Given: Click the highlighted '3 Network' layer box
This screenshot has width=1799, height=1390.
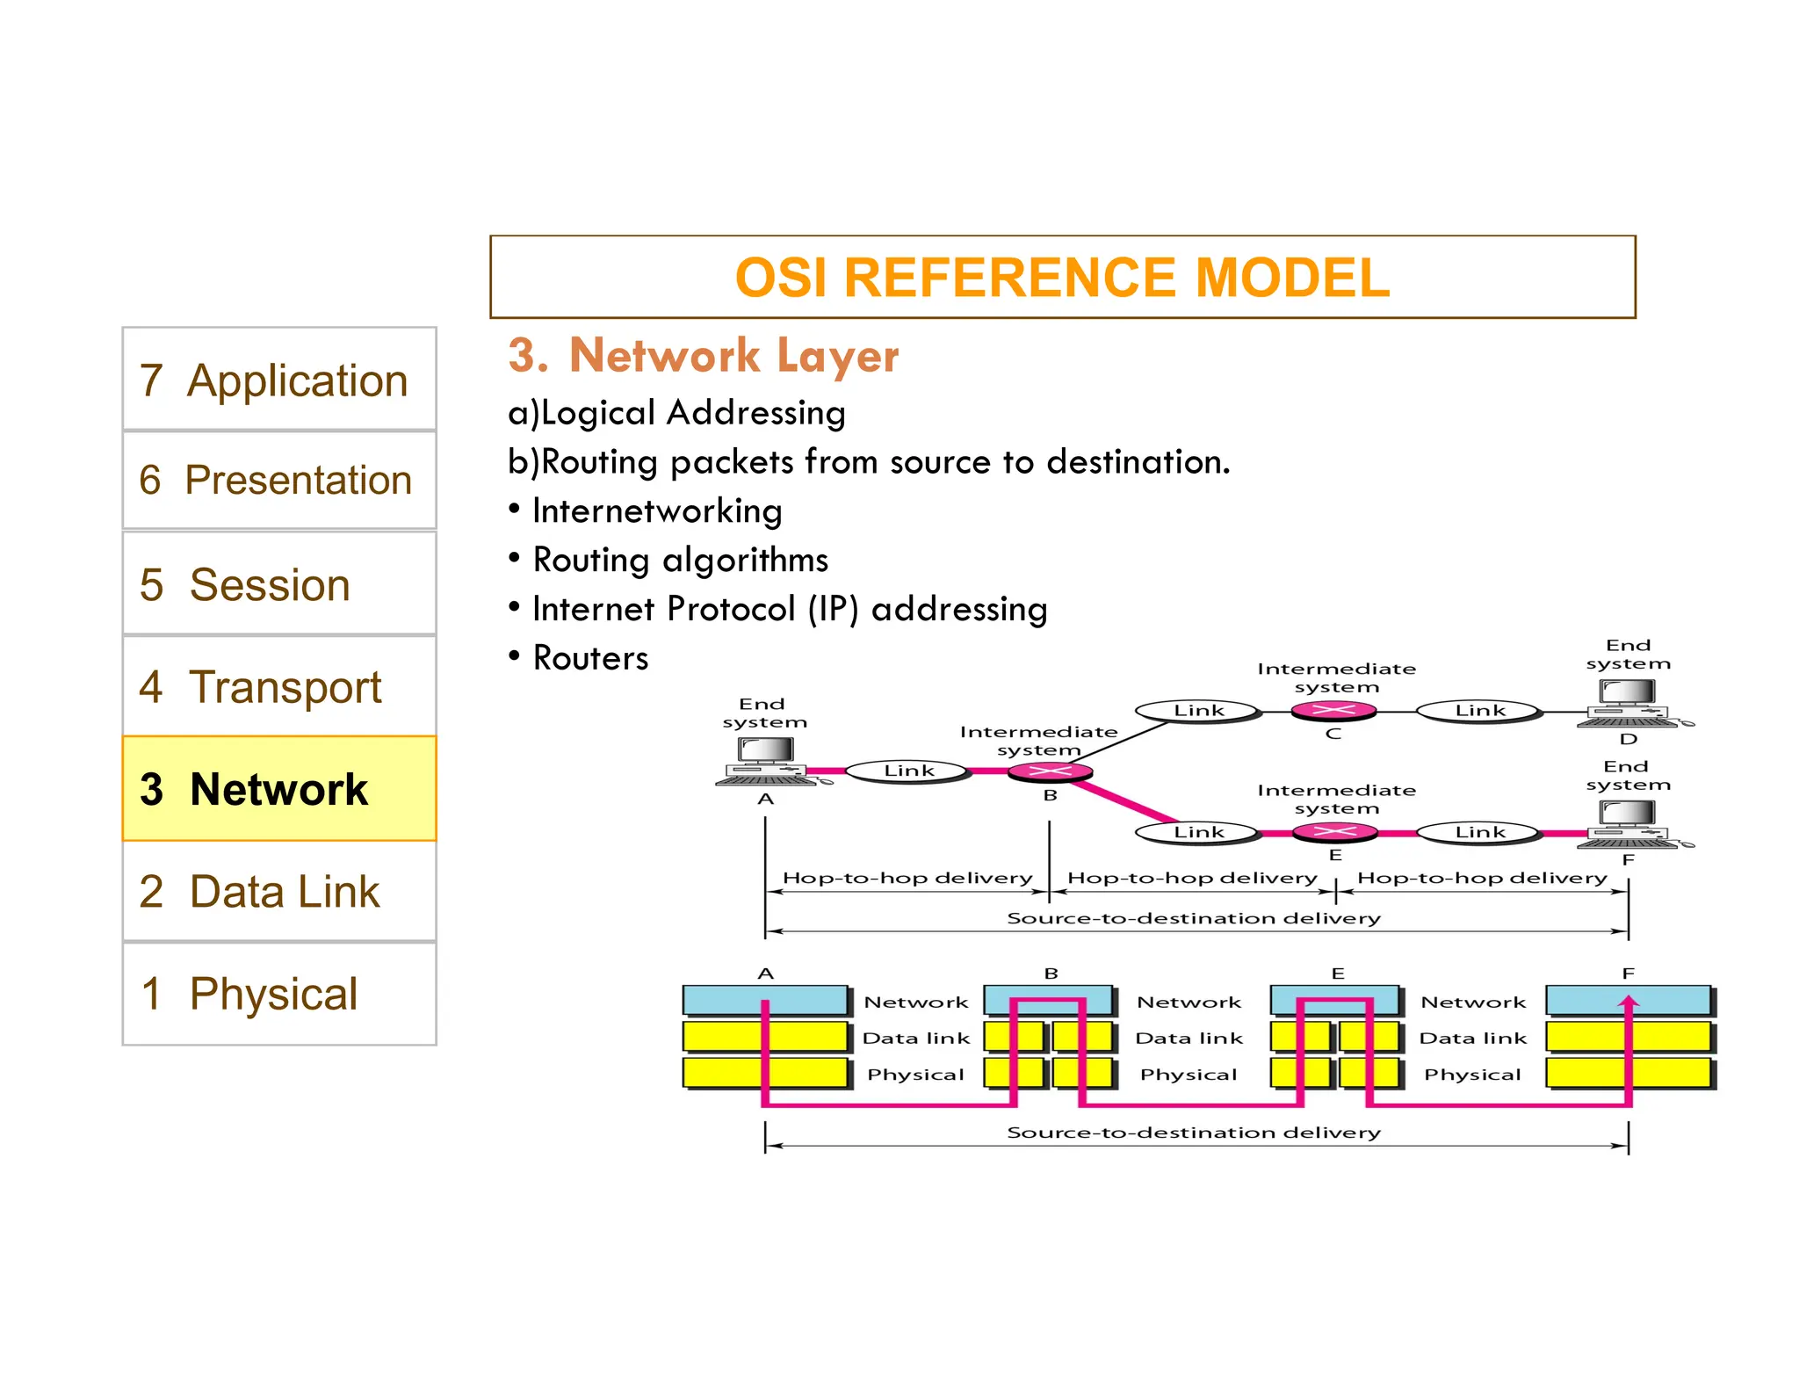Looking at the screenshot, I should click(278, 788).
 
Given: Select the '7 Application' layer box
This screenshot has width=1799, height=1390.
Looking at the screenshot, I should click(278, 380).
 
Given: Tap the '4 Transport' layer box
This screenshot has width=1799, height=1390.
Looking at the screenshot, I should click(278, 686).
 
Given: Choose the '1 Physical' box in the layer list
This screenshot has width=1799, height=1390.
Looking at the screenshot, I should click(278, 994).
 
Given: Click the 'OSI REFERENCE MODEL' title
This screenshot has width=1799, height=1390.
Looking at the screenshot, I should click(1062, 278).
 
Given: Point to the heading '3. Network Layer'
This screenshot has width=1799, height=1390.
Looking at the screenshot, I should click(703, 356).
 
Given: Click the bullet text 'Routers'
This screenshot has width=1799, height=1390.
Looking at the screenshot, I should click(590, 658).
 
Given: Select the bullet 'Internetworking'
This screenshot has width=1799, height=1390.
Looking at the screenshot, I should click(656, 511).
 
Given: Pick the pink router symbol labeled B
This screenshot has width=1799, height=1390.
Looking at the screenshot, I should click(1050, 772).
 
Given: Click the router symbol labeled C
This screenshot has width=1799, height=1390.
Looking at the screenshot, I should click(1333, 710).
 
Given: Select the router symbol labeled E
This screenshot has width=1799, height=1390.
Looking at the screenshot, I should click(1335, 831).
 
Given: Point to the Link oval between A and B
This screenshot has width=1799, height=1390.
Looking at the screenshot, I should click(908, 771).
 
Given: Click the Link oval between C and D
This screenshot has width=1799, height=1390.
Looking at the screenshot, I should click(1479, 710).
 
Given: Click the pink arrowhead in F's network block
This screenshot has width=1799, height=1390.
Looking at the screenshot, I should click(1629, 1002).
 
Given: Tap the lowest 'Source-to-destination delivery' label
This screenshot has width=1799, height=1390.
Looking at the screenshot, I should click(1193, 1133).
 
